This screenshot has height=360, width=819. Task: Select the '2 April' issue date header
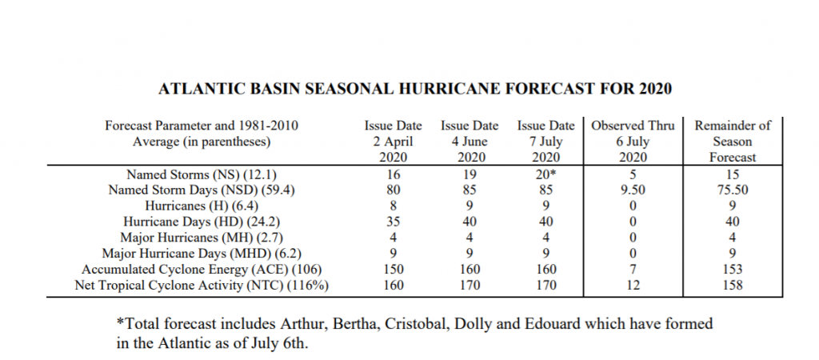[x=393, y=142]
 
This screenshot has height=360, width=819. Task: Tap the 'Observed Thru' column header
[x=633, y=126]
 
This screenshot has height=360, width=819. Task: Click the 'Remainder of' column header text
[x=733, y=126]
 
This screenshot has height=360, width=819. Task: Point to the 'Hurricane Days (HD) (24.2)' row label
[x=201, y=222]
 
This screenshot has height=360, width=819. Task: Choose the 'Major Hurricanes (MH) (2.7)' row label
[x=202, y=238]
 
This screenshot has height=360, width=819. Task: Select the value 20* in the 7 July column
[x=546, y=174]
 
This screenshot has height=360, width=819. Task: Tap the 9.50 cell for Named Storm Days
[x=633, y=190]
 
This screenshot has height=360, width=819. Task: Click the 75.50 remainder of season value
[x=733, y=190]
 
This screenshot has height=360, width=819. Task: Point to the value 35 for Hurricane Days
[x=394, y=222]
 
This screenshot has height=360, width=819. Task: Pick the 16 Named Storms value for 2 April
[x=394, y=174]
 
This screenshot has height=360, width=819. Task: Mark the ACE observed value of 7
[x=633, y=269]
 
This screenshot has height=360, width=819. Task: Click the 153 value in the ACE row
[x=733, y=269]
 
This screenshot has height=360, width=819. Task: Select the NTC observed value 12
[x=633, y=286]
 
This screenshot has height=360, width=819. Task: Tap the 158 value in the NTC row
[x=733, y=286]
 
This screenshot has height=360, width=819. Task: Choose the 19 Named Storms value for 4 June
[x=469, y=174]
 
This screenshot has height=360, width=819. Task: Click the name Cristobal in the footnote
[x=417, y=324]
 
